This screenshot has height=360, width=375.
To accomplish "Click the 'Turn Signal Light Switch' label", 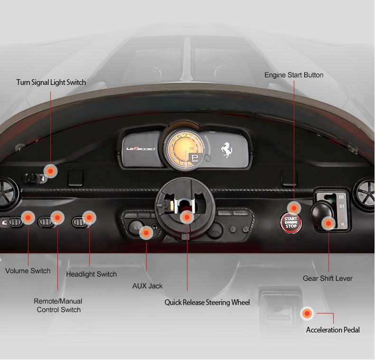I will coord(51,83).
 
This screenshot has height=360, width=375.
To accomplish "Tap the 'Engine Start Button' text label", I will coord(294,75).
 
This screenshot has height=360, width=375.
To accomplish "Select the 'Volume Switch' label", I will coord(28,271).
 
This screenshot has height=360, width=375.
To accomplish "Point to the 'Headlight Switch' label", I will coord(91,274).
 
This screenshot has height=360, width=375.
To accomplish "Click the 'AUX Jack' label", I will coord(147,286).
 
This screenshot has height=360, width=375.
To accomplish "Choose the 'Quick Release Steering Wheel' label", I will coord(207,302).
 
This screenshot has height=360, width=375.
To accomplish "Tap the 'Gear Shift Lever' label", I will coord(328,278).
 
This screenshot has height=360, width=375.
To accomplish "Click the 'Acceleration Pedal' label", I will coord(333,330).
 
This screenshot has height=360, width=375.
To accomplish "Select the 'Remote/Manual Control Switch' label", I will coord(58,305).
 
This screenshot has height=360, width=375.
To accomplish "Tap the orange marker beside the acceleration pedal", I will coord(308,313).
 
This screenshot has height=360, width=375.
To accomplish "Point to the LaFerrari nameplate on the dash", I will coord(137,148).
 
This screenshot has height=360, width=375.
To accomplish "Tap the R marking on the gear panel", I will coord(342,224).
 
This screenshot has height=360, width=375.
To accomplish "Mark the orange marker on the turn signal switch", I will coord(50,171).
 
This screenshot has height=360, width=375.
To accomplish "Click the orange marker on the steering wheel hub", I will coord(187,218).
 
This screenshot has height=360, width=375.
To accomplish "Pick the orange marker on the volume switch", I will coord(28,218).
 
